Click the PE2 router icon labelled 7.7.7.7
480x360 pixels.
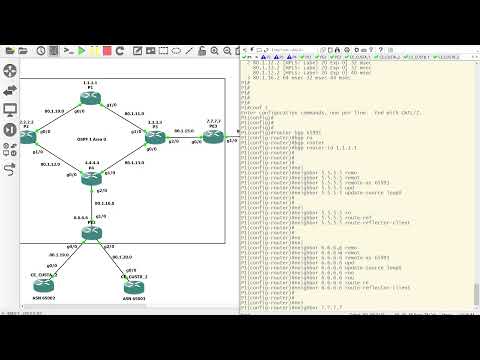[x=213, y=135]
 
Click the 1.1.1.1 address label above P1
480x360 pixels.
[x=90, y=81]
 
